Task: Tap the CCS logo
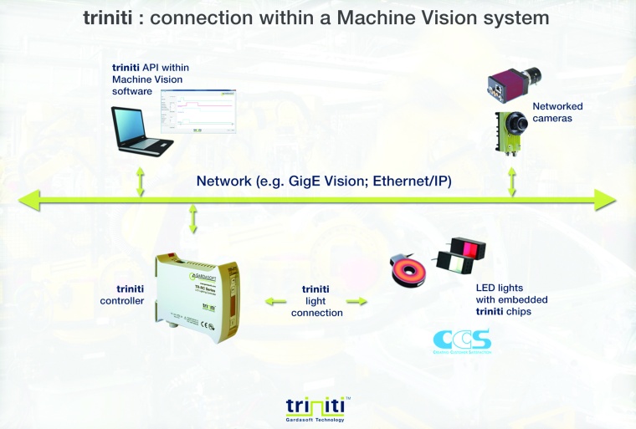[460, 341]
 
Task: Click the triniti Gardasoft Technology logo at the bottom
[317, 409]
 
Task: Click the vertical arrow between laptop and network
[141, 181]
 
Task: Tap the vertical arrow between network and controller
[194, 219]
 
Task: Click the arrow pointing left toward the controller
[273, 299]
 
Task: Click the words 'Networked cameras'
[557, 112]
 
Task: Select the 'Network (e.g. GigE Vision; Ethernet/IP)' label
[323, 181]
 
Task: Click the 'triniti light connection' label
[315, 300]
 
